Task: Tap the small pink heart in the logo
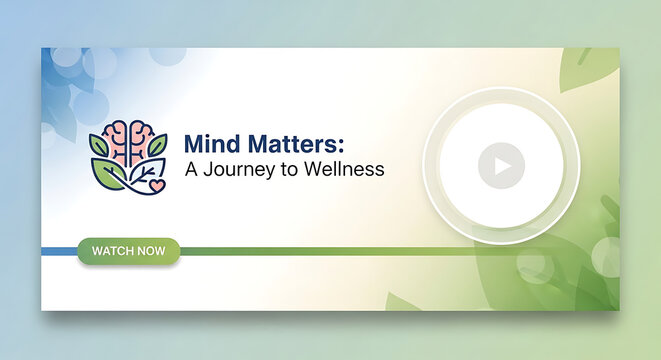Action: pos(157,185)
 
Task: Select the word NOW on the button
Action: pos(152,250)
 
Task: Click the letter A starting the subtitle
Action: pos(192,169)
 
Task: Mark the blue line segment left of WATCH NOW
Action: pos(58,250)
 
